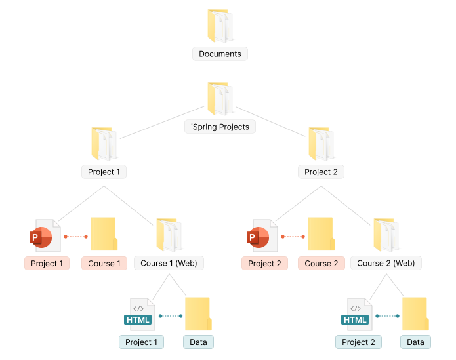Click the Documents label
(x=220, y=54)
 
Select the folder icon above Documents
(x=220, y=26)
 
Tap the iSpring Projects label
(x=220, y=127)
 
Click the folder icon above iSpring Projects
(x=220, y=99)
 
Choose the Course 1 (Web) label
(x=169, y=263)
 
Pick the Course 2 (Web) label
(x=386, y=263)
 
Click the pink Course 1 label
(x=104, y=263)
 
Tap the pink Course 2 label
(x=321, y=263)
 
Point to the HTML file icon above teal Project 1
(x=141, y=315)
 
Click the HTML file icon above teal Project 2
(x=358, y=315)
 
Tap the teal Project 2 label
(x=358, y=342)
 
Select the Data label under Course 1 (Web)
(x=198, y=342)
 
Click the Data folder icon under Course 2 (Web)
(x=415, y=314)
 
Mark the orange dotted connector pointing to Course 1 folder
(x=75, y=236)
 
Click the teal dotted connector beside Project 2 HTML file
(x=388, y=315)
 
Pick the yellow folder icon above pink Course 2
(x=321, y=234)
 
